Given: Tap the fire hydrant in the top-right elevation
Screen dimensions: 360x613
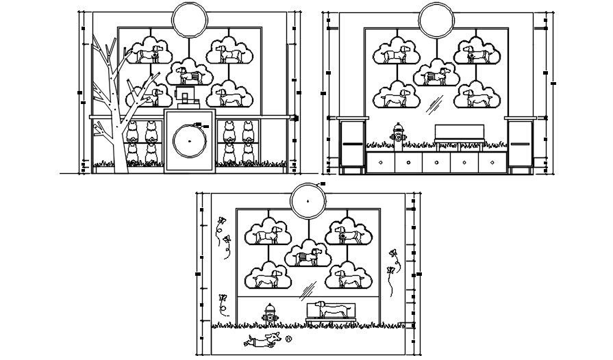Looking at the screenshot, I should (397, 135).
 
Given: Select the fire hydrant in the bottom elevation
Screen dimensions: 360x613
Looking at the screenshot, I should (269, 315).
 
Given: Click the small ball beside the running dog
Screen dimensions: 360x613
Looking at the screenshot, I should (288, 338).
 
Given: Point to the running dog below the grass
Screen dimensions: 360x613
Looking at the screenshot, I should (262, 340).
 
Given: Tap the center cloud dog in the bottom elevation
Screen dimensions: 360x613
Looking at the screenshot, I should (308, 255).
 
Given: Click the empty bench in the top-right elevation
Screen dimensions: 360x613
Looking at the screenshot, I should (460, 134).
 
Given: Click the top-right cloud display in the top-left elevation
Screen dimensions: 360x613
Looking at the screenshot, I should (230, 52).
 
